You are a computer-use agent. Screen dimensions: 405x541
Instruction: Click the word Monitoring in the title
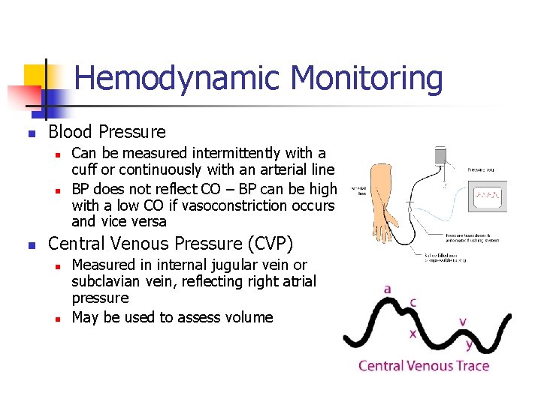366,79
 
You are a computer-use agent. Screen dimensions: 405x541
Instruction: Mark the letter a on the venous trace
387,289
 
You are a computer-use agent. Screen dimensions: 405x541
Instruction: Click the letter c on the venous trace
413,303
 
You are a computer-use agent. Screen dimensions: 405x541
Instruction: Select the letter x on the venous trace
413,333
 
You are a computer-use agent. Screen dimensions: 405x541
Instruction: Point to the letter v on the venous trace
463,321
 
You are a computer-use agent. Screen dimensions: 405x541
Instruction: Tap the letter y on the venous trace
469,344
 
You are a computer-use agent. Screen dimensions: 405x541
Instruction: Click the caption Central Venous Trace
423,366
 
